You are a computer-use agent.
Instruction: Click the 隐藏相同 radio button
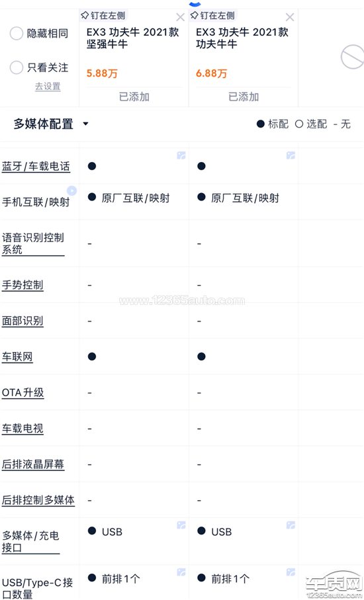click(17, 33)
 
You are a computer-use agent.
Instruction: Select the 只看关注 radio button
click(17, 67)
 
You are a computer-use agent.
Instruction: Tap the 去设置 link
click(48, 87)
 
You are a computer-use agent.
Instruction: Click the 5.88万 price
click(102, 73)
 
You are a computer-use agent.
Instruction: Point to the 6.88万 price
click(211, 73)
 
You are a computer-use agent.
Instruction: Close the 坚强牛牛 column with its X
click(180, 17)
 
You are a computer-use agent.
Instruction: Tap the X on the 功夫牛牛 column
click(290, 17)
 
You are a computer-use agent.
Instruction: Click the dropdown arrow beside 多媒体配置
click(86, 124)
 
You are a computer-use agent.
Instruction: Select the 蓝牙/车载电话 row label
click(36, 167)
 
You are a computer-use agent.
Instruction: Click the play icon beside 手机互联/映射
click(71, 191)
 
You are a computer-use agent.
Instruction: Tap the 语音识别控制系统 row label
click(33, 243)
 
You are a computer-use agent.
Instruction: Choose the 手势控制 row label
click(23, 285)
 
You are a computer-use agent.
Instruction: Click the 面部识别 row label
click(23, 321)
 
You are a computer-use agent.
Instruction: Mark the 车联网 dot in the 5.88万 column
click(92, 357)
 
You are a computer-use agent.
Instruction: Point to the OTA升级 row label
click(23, 392)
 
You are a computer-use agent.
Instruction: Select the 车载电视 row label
click(23, 428)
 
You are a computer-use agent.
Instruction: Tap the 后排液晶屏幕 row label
click(33, 464)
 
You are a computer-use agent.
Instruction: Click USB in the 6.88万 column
click(222, 532)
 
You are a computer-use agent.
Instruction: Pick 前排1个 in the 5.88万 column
click(121, 579)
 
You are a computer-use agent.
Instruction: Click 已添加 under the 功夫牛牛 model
click(244, 97)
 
